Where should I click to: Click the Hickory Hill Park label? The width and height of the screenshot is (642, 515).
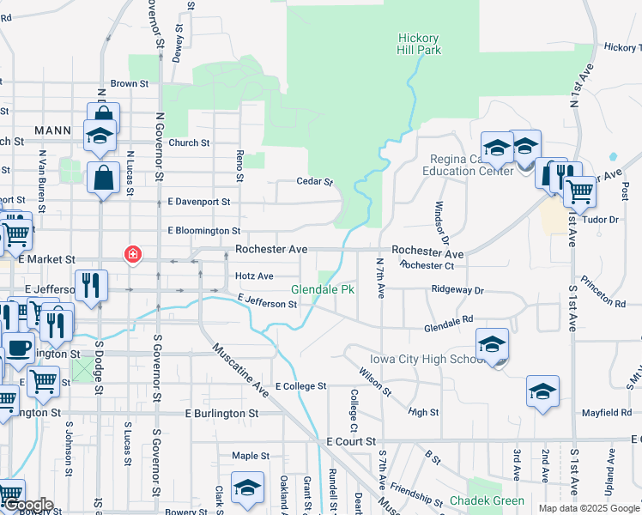click(x=419, y=45)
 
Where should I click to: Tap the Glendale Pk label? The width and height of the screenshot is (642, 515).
click(x=323, y=290)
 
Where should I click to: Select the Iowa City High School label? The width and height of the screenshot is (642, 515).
click(x=421, y=359)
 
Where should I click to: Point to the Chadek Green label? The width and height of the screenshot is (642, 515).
click(x=487, y=500)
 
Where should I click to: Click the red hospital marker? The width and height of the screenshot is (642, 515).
click(x=132, y=254)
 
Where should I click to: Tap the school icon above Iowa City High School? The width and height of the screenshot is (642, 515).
click(x=492, y=344)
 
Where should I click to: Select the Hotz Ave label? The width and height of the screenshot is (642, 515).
click(x=255, y=276)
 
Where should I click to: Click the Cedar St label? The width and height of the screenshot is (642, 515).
click(x=313, y=182)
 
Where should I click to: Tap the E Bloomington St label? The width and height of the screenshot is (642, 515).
click(x=204, y=231)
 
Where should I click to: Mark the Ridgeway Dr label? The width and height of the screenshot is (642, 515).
click(x=458, y=291)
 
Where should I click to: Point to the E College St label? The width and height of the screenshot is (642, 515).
click(x=301, y=387)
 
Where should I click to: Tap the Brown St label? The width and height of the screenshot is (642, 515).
click(x=130, y=84)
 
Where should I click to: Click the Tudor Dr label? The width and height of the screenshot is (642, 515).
click(x=601, y=220)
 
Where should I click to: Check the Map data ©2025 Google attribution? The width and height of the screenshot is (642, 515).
click(x=588, y=508)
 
